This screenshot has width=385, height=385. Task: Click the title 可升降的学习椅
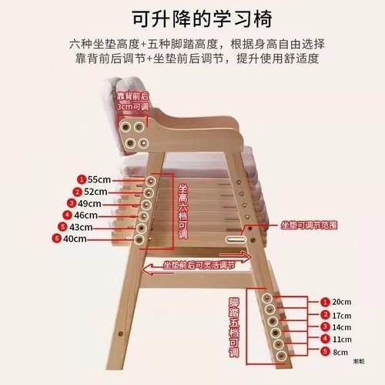coord(192,16)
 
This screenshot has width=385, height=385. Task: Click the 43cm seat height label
coord(81,227)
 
